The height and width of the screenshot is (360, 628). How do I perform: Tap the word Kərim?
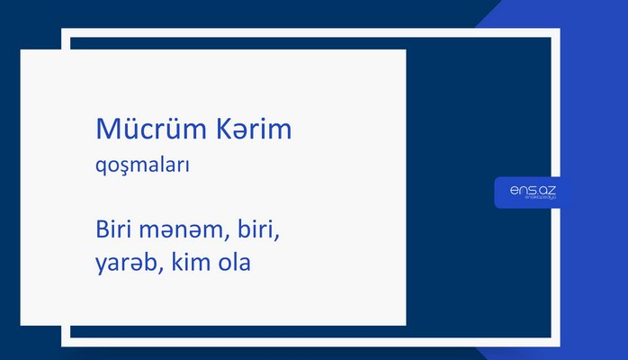pyautogui.click(x=255, y=130)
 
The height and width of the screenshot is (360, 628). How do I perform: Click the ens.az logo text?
pyautogui.click(x=533, y=190)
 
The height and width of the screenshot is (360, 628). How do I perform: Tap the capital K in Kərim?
pyautogui.click(x=224, y=130)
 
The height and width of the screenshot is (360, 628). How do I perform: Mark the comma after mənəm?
pyautogui.click(x=225, y=239)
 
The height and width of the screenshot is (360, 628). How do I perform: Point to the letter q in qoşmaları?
pyautogui.click(x=101, y=169)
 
